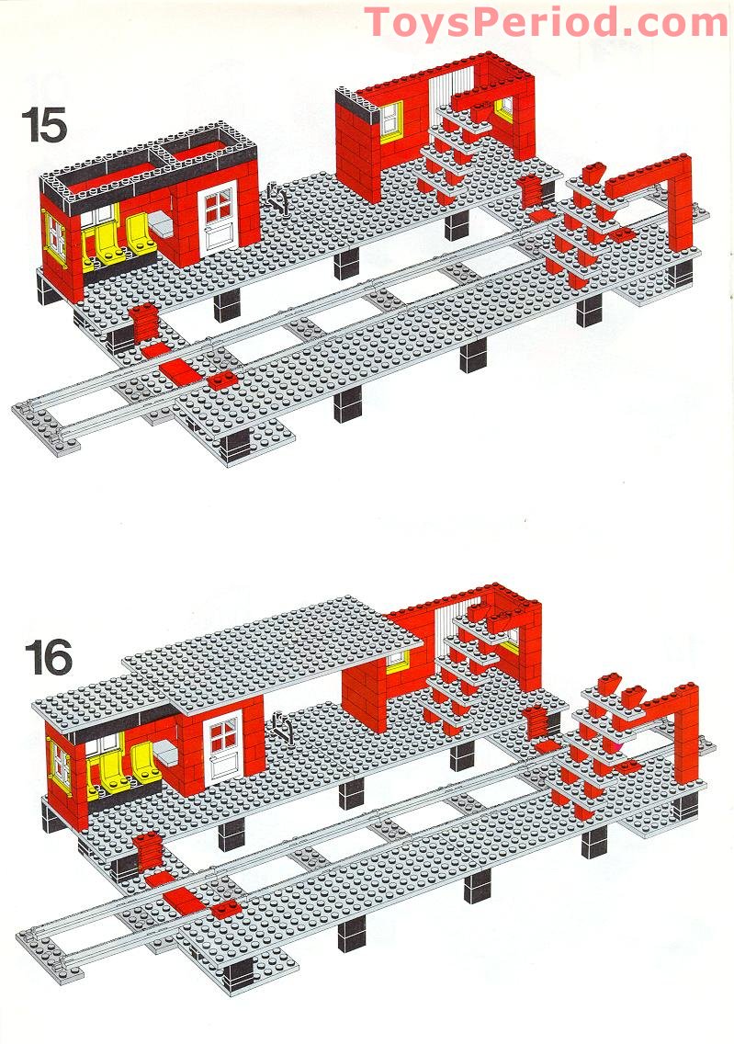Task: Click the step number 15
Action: click(45, 125)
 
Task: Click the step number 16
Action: click(50, 657)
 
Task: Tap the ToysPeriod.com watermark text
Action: click(547, 21)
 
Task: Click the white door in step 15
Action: click(219, 218)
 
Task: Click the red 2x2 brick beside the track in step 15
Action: click(221, 380)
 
